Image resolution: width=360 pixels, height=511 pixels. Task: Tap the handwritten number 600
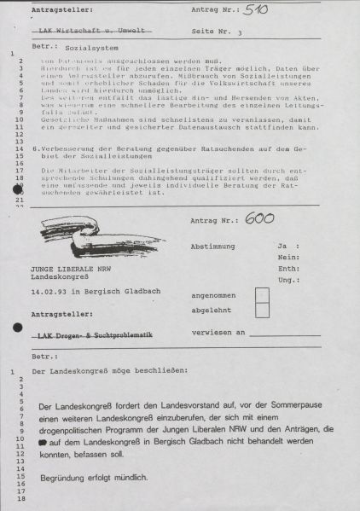[258, 219]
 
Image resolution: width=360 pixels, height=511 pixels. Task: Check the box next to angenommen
[263, 296]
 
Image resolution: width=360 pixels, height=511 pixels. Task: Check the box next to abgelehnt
[263, 312]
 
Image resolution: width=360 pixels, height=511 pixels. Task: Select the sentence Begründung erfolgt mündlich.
[89, 477]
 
